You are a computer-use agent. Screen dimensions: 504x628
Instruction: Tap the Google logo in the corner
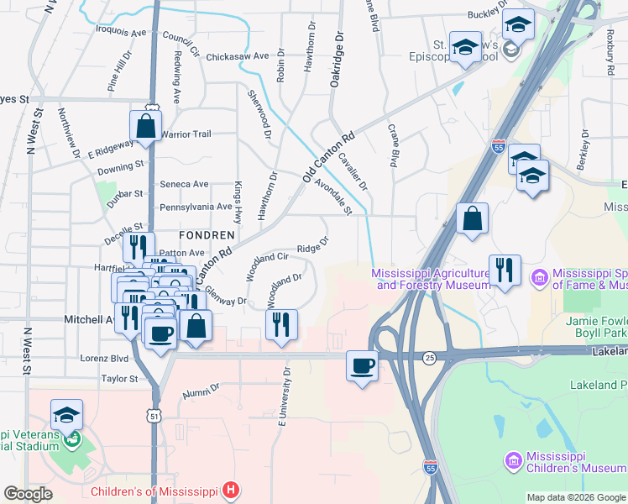tap(28, 494)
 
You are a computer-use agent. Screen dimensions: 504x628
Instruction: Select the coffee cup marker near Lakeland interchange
tap(362, 366)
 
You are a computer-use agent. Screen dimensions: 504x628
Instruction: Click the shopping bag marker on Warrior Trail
tap(145, 127)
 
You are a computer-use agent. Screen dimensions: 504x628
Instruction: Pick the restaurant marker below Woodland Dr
tap(281, 323)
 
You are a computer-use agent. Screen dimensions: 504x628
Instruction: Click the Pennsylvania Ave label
tap(196, 207)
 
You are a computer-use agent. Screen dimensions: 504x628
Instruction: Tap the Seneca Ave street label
tap(184, 185)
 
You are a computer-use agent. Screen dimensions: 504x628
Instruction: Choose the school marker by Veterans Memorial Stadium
tap(66, 415)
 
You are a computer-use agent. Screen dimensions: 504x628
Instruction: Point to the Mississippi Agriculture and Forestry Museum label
tap(432, 279)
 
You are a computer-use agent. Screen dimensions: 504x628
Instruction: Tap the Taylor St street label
tap(119, 379)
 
